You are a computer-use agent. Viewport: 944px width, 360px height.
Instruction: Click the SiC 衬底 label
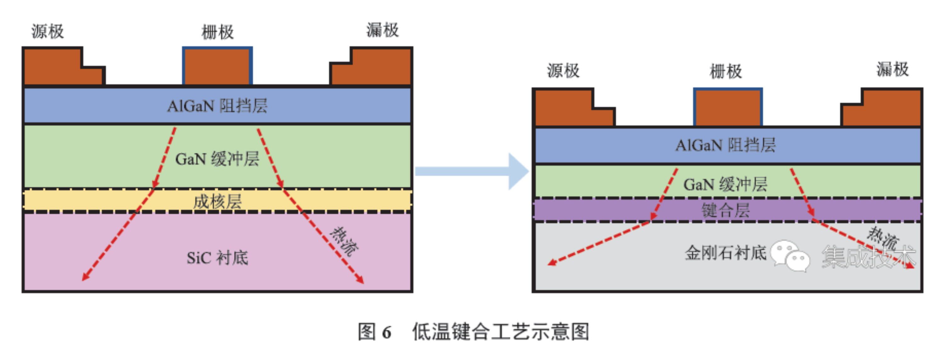(217, 258)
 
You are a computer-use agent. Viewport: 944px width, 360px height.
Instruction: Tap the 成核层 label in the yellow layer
(217, 202)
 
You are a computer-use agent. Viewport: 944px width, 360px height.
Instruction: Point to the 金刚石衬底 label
(726, 253)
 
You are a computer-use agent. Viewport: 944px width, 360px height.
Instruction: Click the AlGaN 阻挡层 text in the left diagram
(217, 106)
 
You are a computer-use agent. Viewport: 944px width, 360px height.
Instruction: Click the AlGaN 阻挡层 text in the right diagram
(726, 145)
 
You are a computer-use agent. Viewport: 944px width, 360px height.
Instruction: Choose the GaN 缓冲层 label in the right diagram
(726, 184)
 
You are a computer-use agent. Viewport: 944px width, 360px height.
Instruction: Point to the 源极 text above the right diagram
(563, 71)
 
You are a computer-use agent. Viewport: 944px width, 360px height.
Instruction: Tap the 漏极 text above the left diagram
(383, 30)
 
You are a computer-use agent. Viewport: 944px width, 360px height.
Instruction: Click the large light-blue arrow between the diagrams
(473, 171)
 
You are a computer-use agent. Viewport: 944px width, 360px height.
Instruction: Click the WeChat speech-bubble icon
(790, 256)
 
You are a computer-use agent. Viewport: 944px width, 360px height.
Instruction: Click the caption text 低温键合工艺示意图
(501, 332)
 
